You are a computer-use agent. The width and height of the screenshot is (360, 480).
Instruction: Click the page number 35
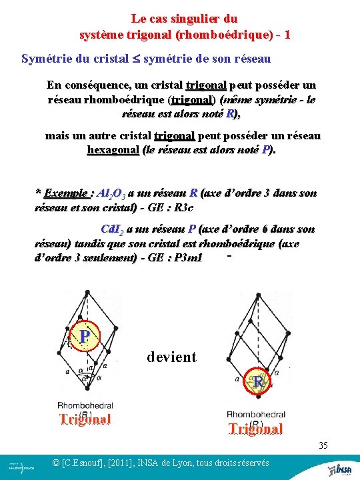pyautogui.click(x=323, y=445)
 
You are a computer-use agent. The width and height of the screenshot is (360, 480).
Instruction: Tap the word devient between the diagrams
pyautogui.click(x=171, y=357)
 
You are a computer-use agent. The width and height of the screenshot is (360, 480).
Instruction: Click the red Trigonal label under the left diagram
pyautogui.click(x=85, y=419)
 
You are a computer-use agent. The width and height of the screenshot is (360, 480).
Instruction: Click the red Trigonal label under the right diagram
pyautogui.click(x=256, y=429)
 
